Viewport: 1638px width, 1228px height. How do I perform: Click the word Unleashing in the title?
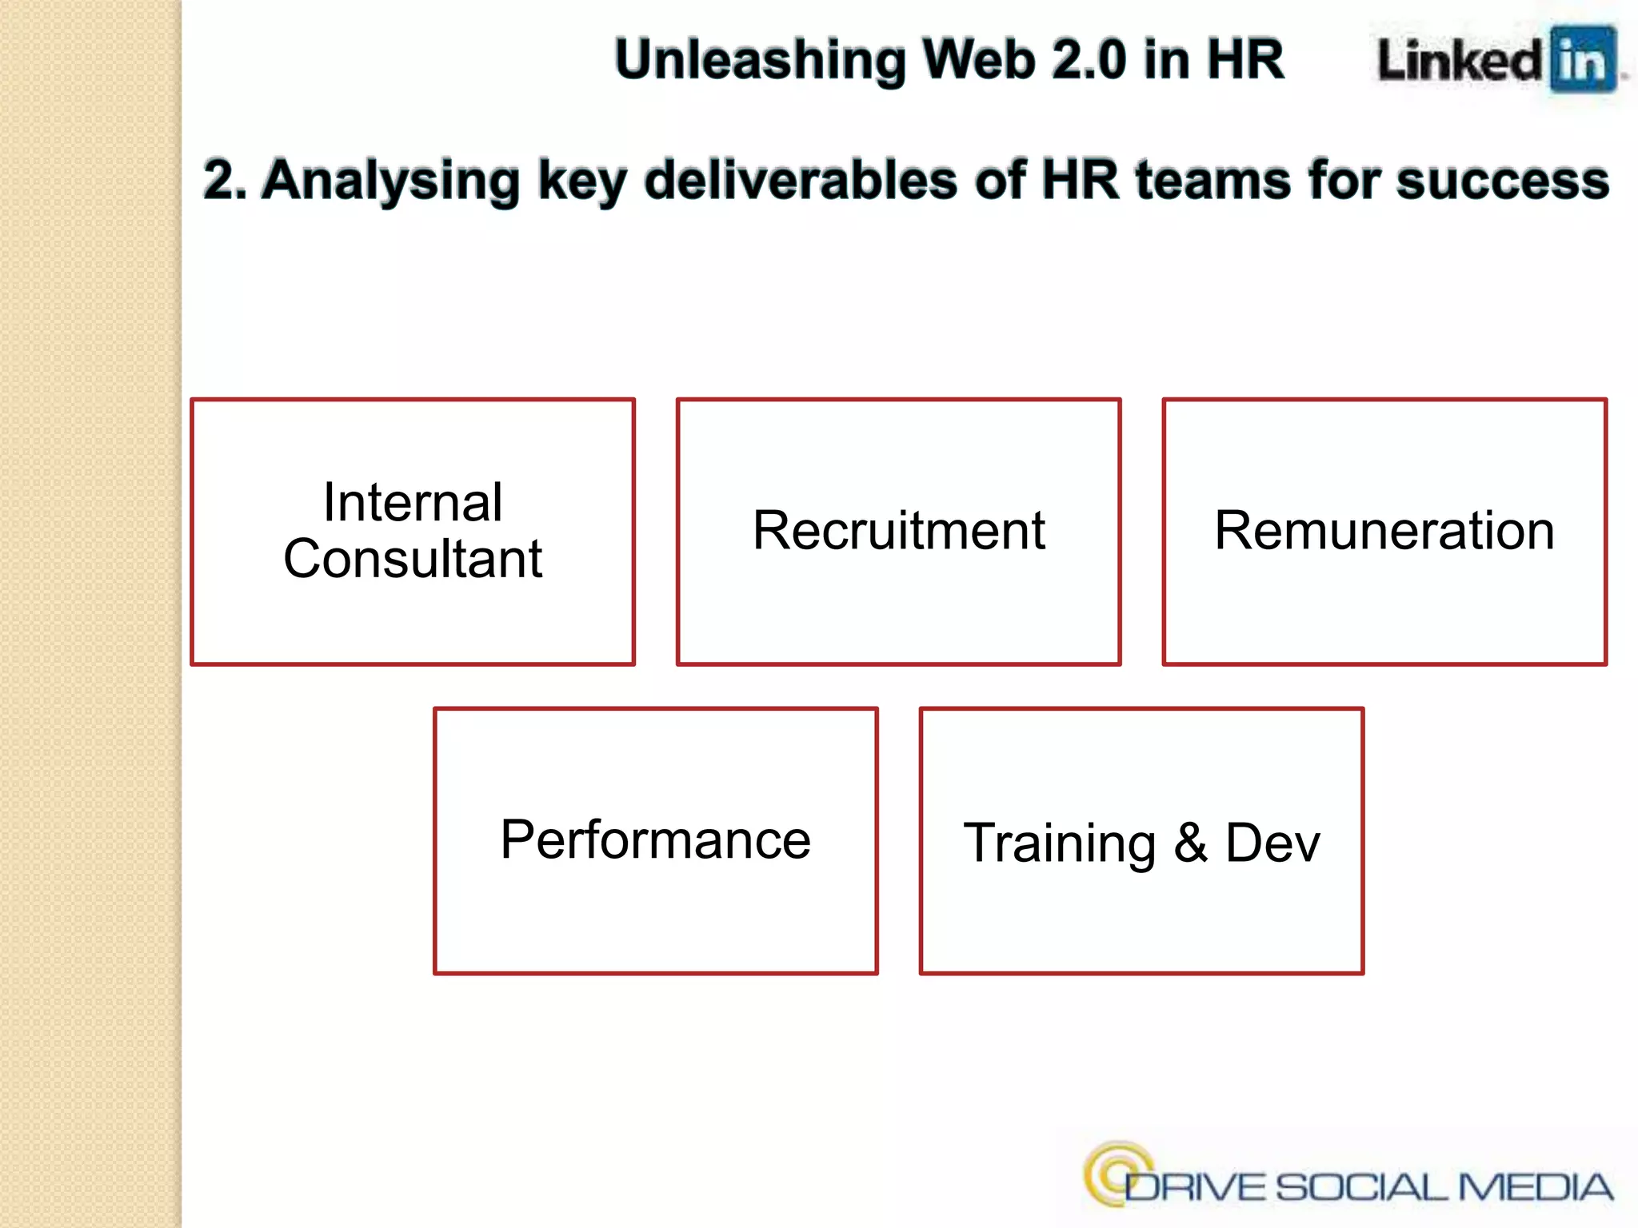pos(761,61)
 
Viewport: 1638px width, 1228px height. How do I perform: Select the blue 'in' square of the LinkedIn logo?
pos(1583,60)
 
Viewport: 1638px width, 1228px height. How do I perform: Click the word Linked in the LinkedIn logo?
pos(1460,61)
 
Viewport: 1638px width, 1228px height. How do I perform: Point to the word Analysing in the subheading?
pos(391,181)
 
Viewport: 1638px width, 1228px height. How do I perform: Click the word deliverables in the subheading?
pos(801,180)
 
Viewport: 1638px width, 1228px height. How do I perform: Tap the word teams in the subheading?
pos(1213,180)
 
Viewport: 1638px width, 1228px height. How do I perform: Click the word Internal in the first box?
pos(413,503)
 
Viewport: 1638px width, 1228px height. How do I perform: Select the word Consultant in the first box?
pos(413,558)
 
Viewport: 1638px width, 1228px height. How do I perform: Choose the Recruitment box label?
pos(898,530)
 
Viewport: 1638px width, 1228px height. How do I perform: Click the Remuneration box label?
pos(1384,530)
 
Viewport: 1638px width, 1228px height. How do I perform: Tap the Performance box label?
pos(655,839)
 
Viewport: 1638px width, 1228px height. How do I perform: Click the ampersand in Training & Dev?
pos(1190,842)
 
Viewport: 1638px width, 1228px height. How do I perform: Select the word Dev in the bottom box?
pos(1272,843)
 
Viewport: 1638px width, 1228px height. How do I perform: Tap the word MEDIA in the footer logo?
pos(1535,1187)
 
